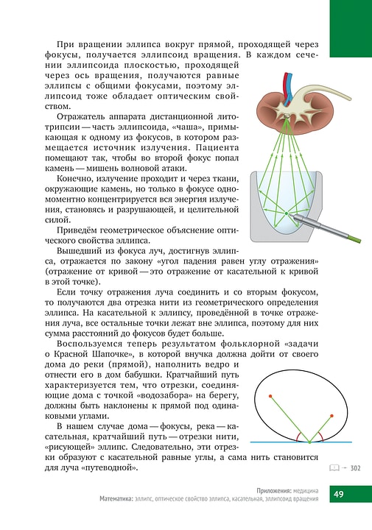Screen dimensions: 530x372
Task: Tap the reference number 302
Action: (355, 467)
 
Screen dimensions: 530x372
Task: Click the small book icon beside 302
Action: (333, 467)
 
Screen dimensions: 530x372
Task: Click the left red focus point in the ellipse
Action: (271, 397)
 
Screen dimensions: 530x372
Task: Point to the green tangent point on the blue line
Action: (309, 442)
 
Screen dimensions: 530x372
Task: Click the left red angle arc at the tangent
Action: (299, 438)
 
